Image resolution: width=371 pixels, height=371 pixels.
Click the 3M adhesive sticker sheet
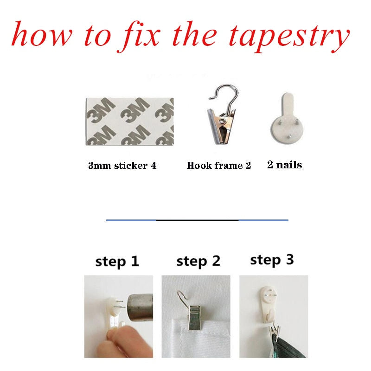(x=129, y=122)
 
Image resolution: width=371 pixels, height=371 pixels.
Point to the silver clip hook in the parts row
(x=222, y=115)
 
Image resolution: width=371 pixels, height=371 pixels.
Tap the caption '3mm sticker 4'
(x=122, y=166)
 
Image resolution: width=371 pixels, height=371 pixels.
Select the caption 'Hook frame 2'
(x=218, y=166)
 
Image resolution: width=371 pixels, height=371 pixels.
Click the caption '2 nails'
(x=284, y=165)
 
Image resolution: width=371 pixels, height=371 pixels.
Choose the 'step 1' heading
(x=117, y=262)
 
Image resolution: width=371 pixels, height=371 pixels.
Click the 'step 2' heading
(x=198, y=262)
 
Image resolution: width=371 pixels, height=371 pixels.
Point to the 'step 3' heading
(x=272, y=260)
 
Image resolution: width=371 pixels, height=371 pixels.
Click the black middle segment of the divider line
(x=198, y=220)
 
